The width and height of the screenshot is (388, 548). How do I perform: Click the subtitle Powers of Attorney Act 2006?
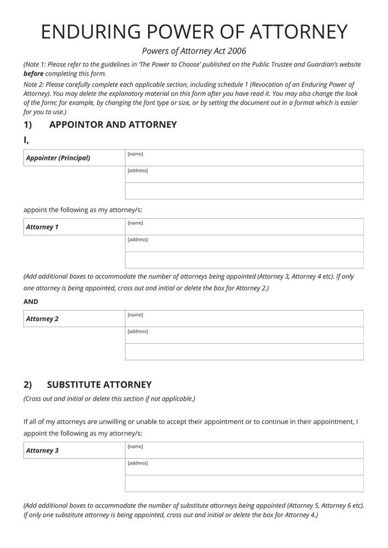tap(194, 51)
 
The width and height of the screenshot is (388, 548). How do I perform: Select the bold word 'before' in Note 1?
tap(33, 73)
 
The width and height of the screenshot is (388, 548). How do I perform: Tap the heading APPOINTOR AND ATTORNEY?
tap(113, 124)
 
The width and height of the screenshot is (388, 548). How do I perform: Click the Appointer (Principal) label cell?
tap(74, 158)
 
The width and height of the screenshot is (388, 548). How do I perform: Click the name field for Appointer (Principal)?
tap(244, 158)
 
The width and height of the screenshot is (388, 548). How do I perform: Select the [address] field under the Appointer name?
tap(244, 174)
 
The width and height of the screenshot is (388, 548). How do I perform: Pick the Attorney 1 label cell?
tap(74, 227)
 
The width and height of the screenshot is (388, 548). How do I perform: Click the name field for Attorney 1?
tap(244, 227)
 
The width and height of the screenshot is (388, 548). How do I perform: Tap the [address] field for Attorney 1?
tap(244, 243)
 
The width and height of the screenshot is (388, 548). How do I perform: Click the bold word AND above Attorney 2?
tap(31, 301)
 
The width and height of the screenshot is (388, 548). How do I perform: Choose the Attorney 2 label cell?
tap(74, 319)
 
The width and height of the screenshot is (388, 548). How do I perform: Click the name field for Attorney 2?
tap(244, 319)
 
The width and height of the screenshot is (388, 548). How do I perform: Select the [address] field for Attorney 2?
tap(244, 335)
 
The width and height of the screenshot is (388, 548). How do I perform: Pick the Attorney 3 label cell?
tap(74, 450)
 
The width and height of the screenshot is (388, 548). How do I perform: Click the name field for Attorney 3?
tap(244, 450)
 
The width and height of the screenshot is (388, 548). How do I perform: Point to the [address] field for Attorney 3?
tap(244, 467)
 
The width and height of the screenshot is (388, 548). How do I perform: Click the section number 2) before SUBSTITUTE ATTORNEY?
tap(28, 385)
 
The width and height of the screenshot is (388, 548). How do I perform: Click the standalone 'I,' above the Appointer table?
tap(26, 140)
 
